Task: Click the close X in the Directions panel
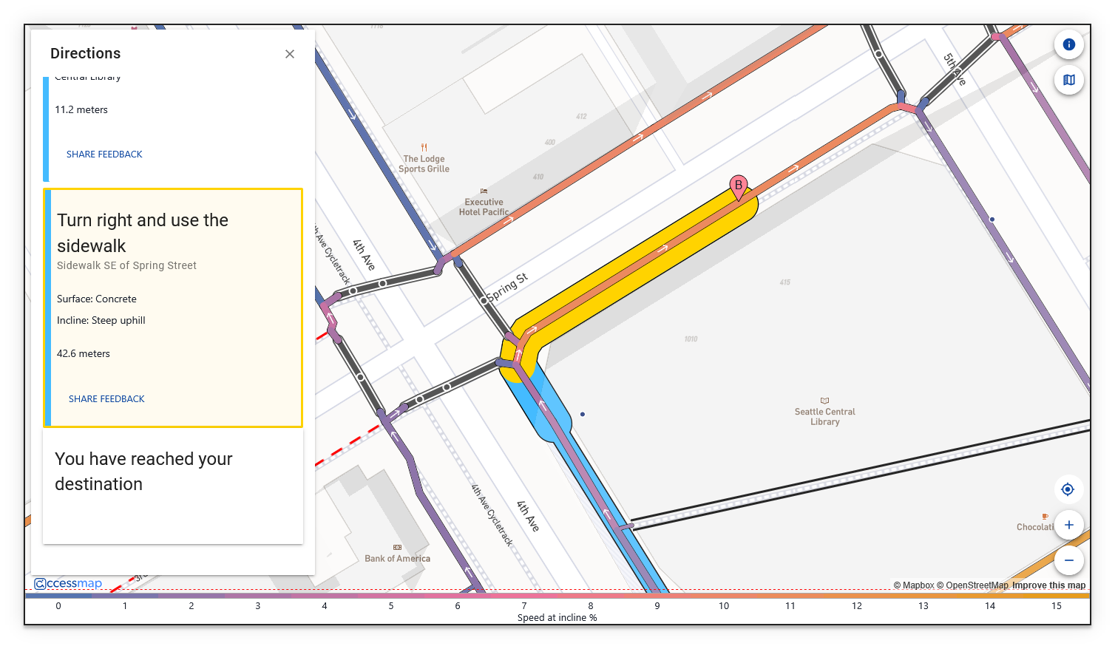tap(290, 54)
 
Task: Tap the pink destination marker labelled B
tap(738, 186)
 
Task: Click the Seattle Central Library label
tap(824, 416)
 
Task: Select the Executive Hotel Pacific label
tap(484, 206)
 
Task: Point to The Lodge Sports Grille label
tap(424, 163)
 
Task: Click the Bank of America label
tap(397, 558)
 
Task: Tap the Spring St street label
tap(507, 288)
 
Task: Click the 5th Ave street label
tap(954, 69)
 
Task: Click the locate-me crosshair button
tap(1068, 489)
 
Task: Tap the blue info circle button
tap(1068, 44)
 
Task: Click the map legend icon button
tap(1068, 80)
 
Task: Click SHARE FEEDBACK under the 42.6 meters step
tap(106, 399)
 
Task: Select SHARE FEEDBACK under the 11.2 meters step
tap(104, 154)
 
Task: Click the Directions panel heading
tap(85, 53)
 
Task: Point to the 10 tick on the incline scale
tap(723, 606)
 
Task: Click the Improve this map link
tap(1048, 585)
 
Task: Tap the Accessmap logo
tap(68, 584)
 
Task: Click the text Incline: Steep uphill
tap(101, 321)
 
